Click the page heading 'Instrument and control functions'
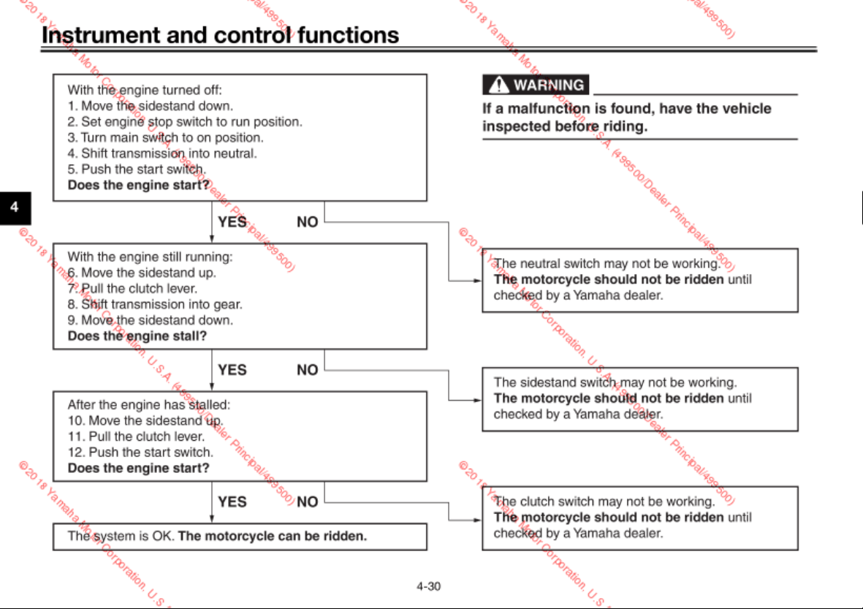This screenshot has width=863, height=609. [x=220, y=35]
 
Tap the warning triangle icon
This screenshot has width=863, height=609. [x=498, y=85]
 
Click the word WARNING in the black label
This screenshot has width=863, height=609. [x=549, y=85]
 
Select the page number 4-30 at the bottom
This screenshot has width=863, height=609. [x=428, y=586]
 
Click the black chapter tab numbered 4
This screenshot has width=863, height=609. [x=15, y=208]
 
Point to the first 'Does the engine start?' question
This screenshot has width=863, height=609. [x=139, y=185]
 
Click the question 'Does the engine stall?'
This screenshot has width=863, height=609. [x=137, y=336]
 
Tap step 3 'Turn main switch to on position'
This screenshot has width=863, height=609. [x=166, y=137]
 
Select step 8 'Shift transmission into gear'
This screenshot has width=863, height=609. [x=155, y=304]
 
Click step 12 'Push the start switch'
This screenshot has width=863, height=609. [x=140, y=452]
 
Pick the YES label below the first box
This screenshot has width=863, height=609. [x=232, y=222]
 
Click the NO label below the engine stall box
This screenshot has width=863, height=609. [x=307, y=370]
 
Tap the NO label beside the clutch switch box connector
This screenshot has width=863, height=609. [x=307, y=502]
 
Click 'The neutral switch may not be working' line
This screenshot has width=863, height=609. [x=607, y=264]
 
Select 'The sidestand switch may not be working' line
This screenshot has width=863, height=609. [x=615, y=382]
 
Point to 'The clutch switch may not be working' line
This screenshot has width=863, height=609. [x=604, y=501]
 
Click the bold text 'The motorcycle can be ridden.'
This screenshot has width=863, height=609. [x=273, y=536]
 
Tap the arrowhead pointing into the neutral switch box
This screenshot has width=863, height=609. [x=477, y=281]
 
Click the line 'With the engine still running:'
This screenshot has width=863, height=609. [x=151, y=257]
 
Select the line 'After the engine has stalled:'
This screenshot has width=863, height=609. [x=149, y=405]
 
